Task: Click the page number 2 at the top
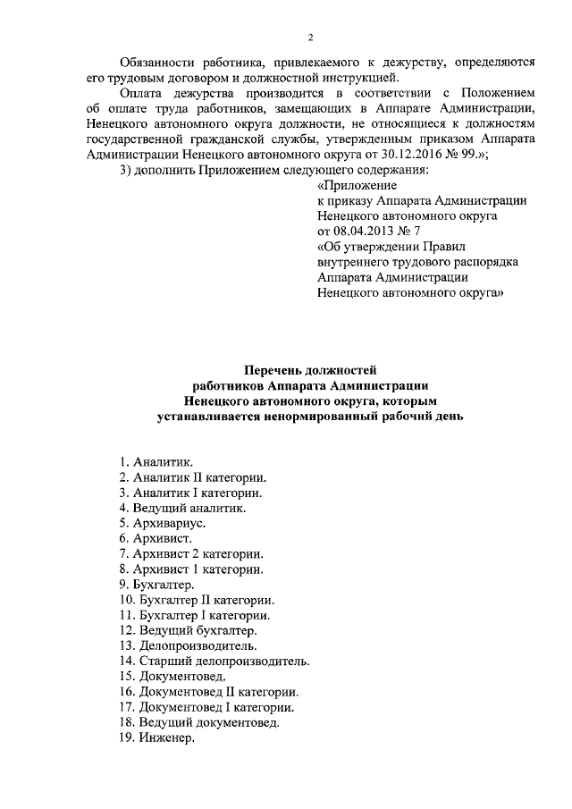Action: (x=310, y=37)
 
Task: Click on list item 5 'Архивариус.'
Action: (x=163, y=525)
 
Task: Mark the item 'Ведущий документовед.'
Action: (x=198, y=723)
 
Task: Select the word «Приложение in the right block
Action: (x=350, y=185)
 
